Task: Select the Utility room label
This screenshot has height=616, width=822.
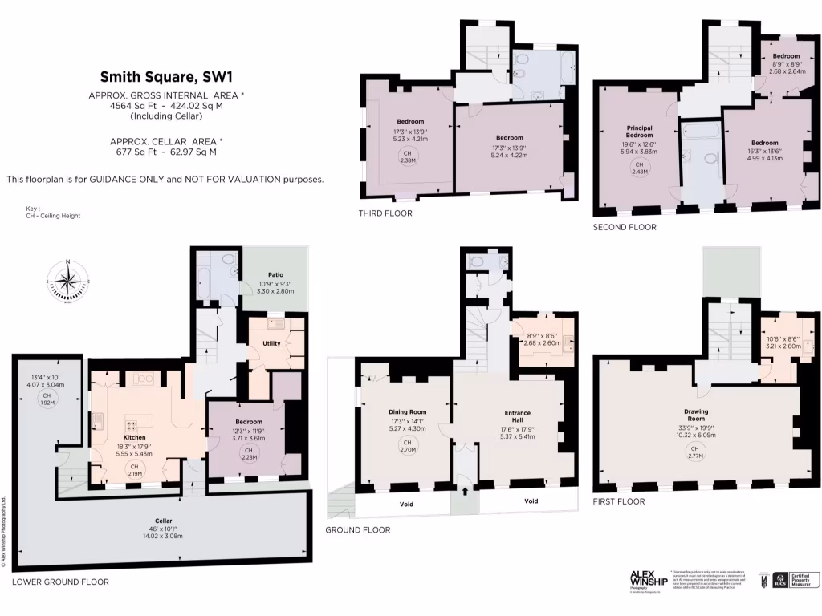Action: [x=271, y=343]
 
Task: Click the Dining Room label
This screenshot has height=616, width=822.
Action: [x=407, y=411]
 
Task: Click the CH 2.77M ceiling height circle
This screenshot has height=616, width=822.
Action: [x=696, y=452]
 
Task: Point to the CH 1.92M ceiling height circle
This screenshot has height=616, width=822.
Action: [x=47, y=399]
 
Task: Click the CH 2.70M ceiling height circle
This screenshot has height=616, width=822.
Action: [x=407, y=446]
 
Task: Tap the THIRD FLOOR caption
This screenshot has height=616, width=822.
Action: [x=386, y=213]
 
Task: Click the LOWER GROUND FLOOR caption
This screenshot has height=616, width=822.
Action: [x=60, y=582]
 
